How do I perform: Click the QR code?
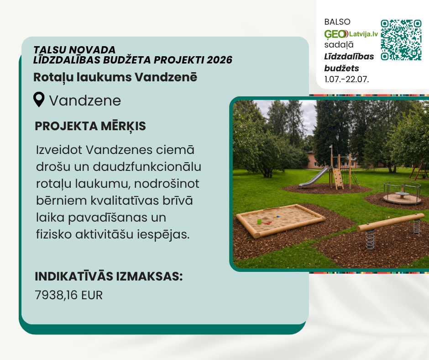401,40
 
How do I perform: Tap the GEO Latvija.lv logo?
351,34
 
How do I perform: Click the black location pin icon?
39,99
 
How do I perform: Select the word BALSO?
337,22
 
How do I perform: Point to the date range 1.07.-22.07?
347,79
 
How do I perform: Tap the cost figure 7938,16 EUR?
68,295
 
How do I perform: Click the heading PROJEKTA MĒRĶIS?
90,126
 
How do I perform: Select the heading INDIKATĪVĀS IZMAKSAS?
109,276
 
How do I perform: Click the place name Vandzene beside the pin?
85,101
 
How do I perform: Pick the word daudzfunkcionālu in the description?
147,167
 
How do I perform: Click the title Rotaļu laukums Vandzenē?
115,77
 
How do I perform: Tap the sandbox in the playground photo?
281,220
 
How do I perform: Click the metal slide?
314,177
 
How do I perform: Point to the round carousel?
402,193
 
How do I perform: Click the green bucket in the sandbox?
259,222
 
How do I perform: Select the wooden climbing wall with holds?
338,178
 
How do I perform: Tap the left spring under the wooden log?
370,239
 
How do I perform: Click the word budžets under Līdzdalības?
341,68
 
